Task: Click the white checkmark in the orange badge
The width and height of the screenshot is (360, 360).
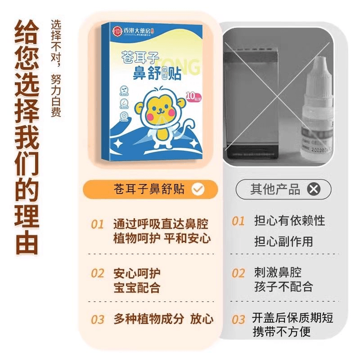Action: [x=198, y=190]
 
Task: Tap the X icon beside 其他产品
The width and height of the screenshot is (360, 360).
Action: [x=313, y=190]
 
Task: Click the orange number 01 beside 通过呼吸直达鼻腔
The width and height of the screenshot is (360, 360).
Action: [x=97, y=224]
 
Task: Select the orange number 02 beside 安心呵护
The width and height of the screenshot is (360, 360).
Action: [x=97, y=273]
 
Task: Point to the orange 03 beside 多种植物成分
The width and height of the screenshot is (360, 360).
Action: [x=97, y=320]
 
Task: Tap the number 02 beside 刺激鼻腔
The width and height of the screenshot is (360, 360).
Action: [x=238, y=273]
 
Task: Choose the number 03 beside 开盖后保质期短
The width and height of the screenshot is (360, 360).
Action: [x=238, y=320]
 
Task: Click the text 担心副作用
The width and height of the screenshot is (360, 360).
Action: [x=283, y=241]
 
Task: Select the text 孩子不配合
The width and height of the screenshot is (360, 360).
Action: [x=283, y=287]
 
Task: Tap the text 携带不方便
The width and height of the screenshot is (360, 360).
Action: [x=282, y=331]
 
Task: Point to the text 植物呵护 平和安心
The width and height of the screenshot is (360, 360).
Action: [x=162, y=238]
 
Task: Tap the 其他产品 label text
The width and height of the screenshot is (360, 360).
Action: [x=275, y=190]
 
